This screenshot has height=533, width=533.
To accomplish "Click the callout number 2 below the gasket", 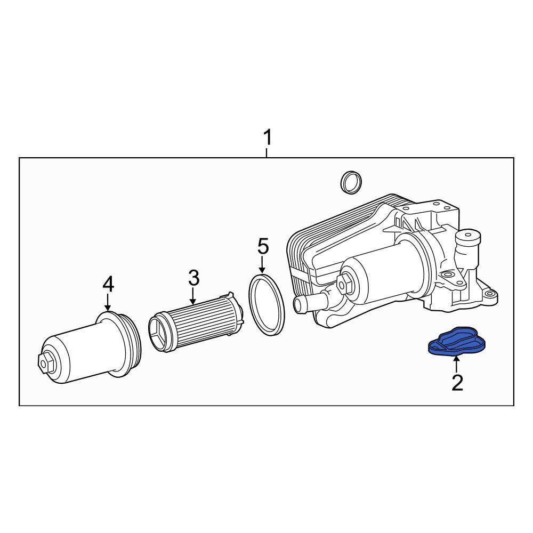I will pyautogui.click(x=457, y=382).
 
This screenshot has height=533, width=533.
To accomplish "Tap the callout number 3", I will pyautogui.click(x=193, y=277).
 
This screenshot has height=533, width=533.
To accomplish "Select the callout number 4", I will pyautogui.click(x=108, y=284).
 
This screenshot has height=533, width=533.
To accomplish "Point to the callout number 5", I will pyautogui.click(x=263, y=247).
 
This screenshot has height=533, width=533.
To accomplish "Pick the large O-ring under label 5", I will pyautogui.click(x=266, y=304).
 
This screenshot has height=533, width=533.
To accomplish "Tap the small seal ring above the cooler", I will pyautogui.click(x=350, y=182).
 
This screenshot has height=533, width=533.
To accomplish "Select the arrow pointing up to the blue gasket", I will pyautogui.click(x=456, y=365).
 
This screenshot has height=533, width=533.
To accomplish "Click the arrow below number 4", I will pyautogui.click(x=108, y=302).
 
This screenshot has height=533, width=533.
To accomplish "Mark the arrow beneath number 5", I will pyautogui.click(x=262, y=265).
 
